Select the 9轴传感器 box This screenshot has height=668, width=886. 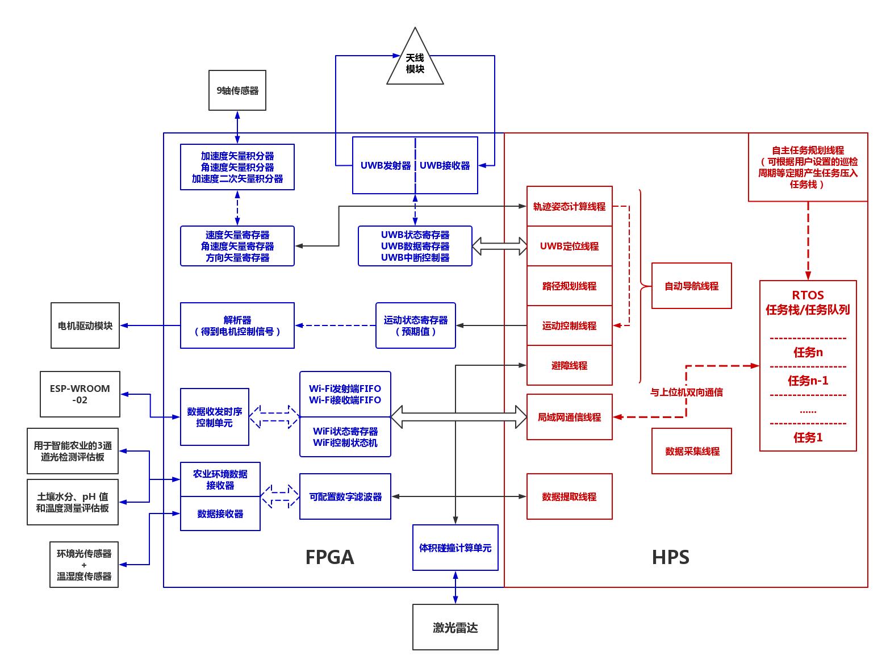point(237,90)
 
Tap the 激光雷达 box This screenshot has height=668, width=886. point(455,627)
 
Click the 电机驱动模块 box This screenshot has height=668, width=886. point(85,325)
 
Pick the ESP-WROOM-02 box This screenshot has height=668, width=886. point(80,394)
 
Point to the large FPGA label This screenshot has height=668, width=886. point(329,557)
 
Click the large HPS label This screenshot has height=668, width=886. point(670,557)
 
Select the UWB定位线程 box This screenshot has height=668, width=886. point(569,246)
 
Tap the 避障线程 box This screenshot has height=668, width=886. point(569,365)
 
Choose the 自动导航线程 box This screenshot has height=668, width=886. point(691,286)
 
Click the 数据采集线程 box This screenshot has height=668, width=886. point(691,451)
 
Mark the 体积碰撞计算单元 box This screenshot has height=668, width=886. point(455,548)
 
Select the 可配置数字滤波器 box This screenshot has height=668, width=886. point(345,496)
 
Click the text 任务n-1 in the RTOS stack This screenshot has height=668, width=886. point(808,380)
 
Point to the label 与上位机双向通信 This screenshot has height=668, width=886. point(686,392)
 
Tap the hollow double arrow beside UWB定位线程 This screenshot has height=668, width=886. point(499,246)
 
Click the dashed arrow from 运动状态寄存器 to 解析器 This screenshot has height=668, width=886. point(336,325)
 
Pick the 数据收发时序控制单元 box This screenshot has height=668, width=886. point(214,416)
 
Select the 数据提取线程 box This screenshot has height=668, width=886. point(569,496)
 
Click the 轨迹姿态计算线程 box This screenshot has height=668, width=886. point(569,206)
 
